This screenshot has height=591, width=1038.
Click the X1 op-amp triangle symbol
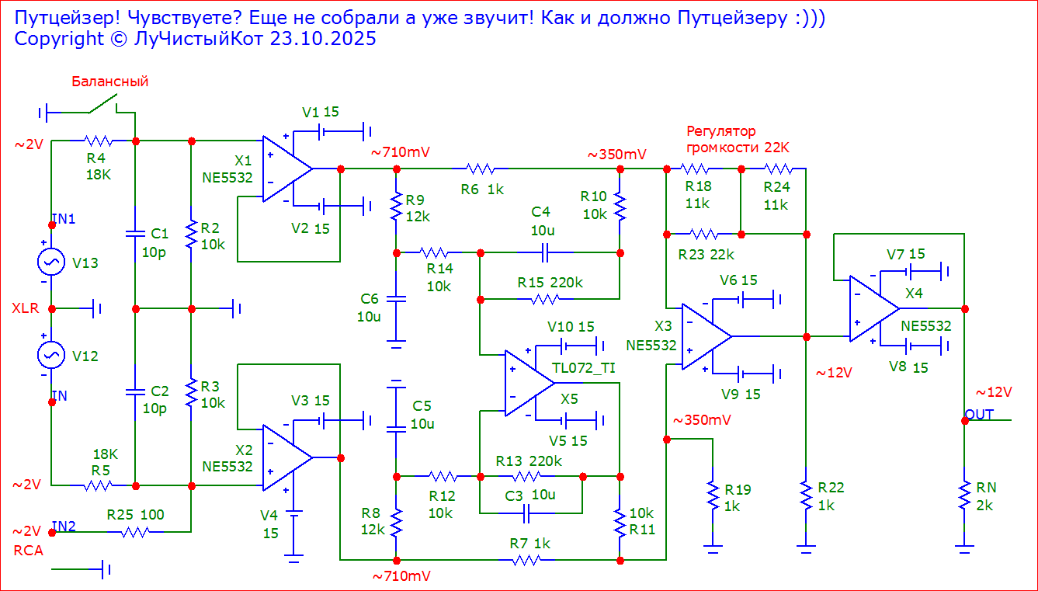click(286, 169)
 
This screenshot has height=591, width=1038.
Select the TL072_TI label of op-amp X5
click(583, 368)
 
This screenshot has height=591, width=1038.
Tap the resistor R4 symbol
click(99, 141)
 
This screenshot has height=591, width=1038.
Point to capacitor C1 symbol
click(135, 233)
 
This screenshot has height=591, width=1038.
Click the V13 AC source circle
click(51, 262)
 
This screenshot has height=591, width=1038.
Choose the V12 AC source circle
click(51, 356)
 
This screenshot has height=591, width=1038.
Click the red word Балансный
click(109, 82)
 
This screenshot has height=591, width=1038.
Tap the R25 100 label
click(136, 514)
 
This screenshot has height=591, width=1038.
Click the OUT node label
click(979, 415)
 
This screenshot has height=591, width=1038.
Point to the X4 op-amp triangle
click(873, 308)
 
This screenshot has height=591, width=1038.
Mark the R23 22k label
click(706, 254)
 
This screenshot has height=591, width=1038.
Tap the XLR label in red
click(25, 308)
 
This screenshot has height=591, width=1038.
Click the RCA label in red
click(28, 551)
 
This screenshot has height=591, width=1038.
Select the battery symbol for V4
click(293, 513)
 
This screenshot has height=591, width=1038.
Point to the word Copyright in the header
click(59, 39)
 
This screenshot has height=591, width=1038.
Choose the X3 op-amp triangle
click(705, 336)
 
